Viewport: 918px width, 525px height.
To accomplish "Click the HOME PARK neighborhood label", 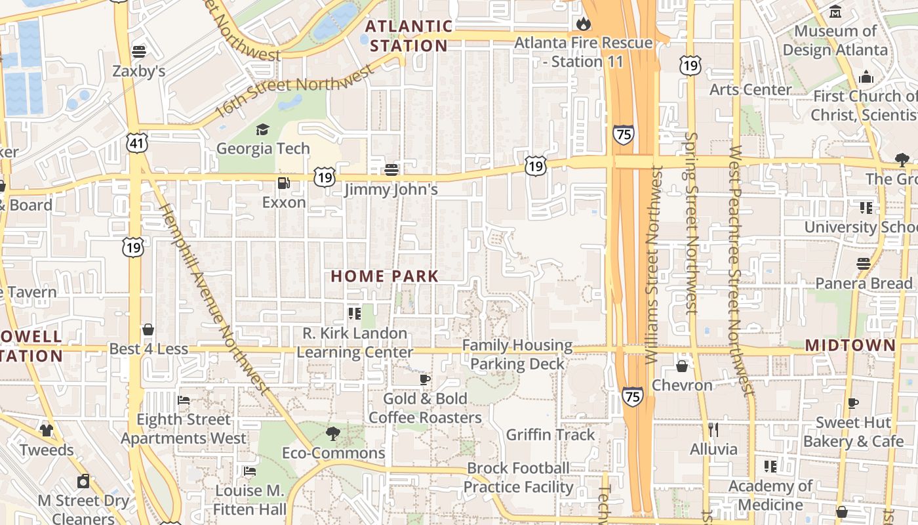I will click(384, 276).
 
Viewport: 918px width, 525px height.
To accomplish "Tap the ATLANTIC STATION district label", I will click(409, 36).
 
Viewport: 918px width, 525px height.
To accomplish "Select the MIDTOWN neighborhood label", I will click(850, 345).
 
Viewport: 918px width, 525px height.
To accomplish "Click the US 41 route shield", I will click(138, 142).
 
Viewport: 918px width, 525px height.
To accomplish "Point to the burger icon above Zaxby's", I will click(138, 51).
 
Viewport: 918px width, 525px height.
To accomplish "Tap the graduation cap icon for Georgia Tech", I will click(262, 129).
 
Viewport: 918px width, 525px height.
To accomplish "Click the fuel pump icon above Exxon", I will click(283, 183).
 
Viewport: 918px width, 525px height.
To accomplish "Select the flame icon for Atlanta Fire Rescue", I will click(583, 24).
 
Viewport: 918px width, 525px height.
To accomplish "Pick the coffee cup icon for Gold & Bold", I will click(425, 379).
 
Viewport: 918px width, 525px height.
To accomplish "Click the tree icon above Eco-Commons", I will click(333, 433).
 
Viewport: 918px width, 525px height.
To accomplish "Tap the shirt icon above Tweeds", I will click(46, 430).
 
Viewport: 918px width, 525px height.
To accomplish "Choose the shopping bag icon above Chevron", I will click(682, 366).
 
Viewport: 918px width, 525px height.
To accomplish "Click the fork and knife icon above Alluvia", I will click(713, 430).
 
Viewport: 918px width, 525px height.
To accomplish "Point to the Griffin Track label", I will click(550, 434).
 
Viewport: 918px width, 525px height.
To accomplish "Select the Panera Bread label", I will click(864, 283).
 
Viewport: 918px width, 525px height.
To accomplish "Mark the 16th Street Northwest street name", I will click(294, 92).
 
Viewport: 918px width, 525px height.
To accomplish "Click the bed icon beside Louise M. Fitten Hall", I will click(249, 471).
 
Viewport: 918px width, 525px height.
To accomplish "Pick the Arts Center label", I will click(750, 89).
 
